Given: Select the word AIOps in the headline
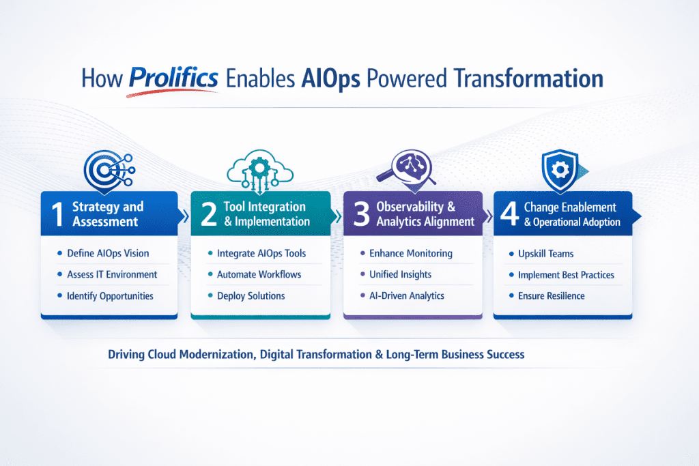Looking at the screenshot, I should tap(332, 78).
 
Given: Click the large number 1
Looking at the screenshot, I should tap(57, 214).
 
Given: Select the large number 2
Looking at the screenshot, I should tap(207, 214).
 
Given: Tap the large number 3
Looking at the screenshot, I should tap(359, 214).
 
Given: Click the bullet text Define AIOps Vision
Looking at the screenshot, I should tap(108, 253).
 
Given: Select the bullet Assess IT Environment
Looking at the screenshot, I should tap(112, 274).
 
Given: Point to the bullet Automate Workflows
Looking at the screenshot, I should tap(259, 274).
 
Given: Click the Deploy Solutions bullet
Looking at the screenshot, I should tap(251, 296).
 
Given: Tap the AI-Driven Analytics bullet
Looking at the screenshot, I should tap(407, 296).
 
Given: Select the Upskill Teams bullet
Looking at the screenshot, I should tap(545, 254).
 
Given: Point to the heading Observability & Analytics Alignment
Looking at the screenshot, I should tap(425, 214).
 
